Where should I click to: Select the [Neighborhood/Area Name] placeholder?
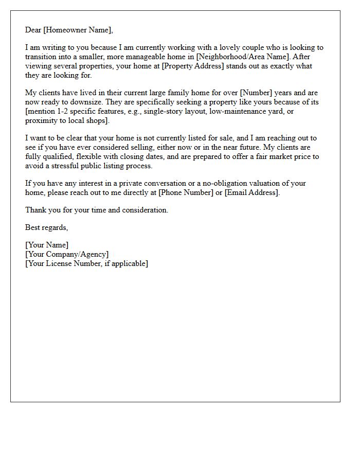click(241, 57)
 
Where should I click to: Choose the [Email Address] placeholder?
click(252, 192)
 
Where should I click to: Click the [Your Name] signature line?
click(47, 245)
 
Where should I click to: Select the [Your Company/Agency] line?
click(67, 254)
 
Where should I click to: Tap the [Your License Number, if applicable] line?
click(86, 263)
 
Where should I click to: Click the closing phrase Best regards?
click(46, 227)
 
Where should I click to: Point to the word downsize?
click(87, 102)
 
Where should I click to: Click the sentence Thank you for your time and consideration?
click(97, 210)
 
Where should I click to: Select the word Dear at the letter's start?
click(33, 30)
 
